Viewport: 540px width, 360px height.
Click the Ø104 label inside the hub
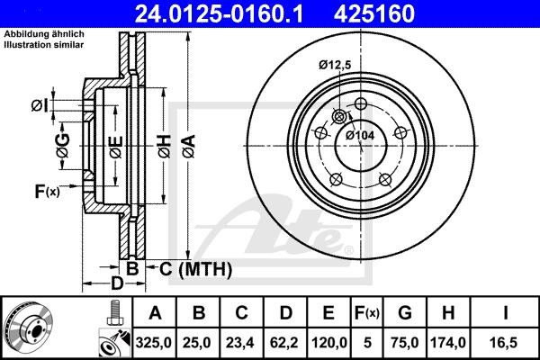point(360,135)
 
